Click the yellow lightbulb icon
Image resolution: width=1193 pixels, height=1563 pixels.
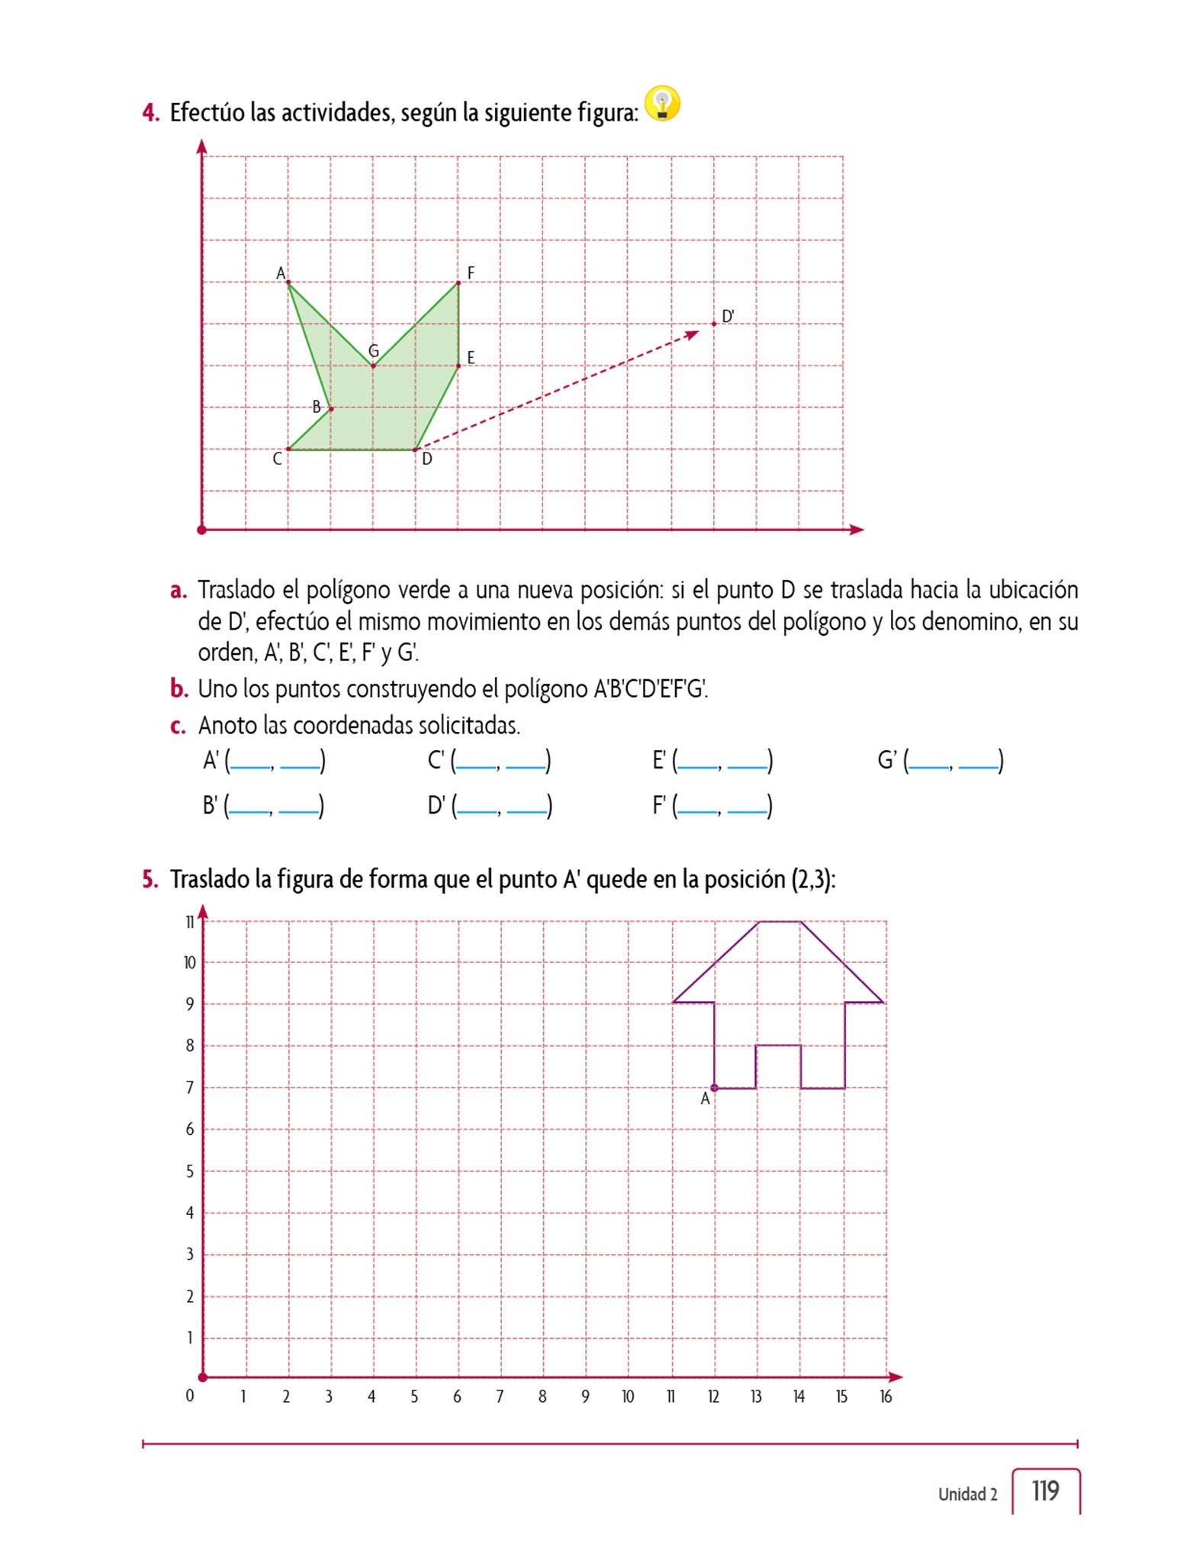coord(662,104)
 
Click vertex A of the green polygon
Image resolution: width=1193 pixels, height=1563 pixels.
coord(288,282)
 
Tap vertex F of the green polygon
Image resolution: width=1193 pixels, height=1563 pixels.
coord(458,282)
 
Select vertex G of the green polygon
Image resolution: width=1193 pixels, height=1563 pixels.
coord(373,366)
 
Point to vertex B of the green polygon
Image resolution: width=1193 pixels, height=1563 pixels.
coord(330,408)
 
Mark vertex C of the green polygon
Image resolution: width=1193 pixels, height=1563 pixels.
coord(288,450)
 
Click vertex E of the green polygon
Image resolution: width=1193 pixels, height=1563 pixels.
coord(458,366)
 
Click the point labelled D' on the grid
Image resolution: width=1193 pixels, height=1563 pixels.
coord(714,324)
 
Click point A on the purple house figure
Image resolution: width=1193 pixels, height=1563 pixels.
coord(714,1088)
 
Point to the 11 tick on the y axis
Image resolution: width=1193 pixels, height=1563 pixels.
coord(190,922)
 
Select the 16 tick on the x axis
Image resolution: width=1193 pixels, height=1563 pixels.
coord(885,1396)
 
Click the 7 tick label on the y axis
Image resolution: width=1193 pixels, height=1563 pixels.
coord(190,1088)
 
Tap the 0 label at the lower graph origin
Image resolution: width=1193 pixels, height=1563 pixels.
coord(190,1395)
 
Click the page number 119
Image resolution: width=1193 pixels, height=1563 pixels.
coord(1045,1490)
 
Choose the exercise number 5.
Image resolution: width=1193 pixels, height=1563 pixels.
coord(150,879)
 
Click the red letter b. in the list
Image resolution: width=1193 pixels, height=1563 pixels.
coord(179,688)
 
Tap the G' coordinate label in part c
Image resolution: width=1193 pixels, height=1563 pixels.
coord(888,760)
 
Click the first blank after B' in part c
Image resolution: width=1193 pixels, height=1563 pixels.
coord(249,806)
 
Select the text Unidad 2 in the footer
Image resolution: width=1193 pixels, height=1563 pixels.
coord(967,1494)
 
